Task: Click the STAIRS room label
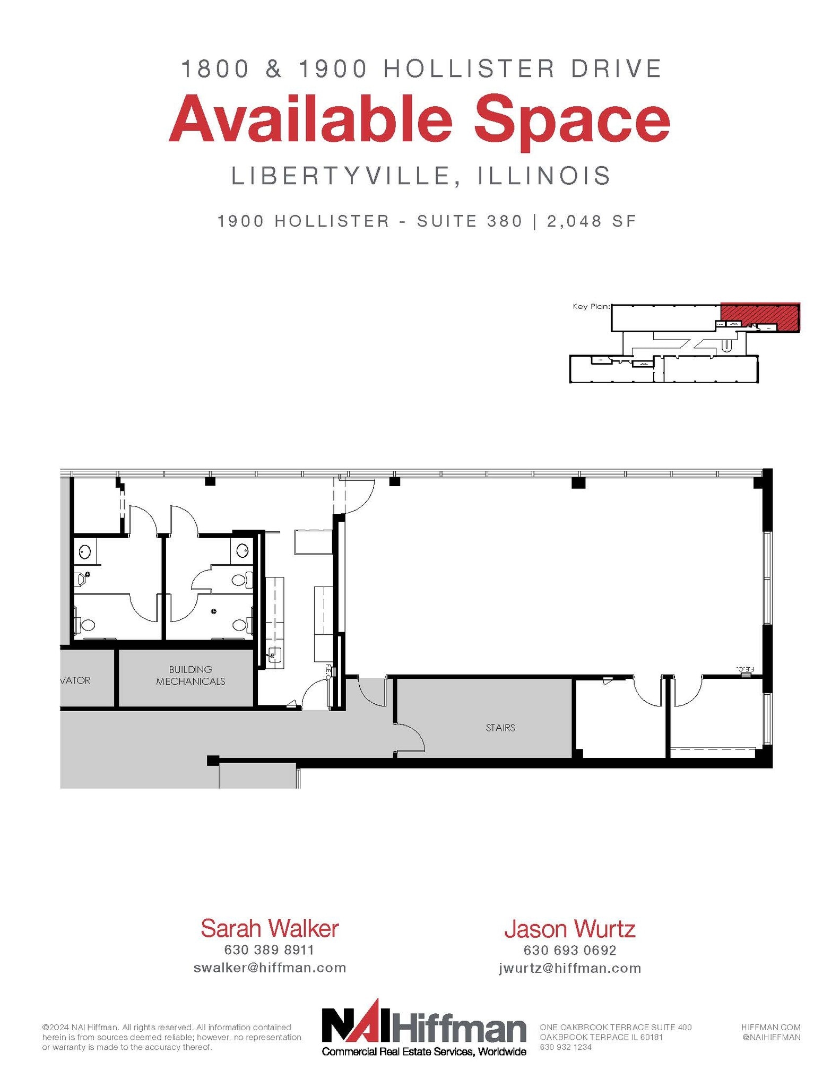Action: tap(500, 728)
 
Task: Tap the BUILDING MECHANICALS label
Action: tap(190, 675)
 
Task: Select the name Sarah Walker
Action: tap(270, 928)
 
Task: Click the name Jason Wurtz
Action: tap(569, 929)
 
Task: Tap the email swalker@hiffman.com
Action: tap(270, 968)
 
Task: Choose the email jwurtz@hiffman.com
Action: tap(570, 968)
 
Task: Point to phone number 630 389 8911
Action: tap(270, 950)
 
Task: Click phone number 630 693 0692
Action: tap(570, 950)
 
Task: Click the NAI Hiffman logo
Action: tap(424, 1027)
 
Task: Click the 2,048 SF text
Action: tap(591, 221)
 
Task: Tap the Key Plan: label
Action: tap(591, 307)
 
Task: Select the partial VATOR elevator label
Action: tap(75, 680)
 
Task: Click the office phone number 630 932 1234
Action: tap(566, 1047)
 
